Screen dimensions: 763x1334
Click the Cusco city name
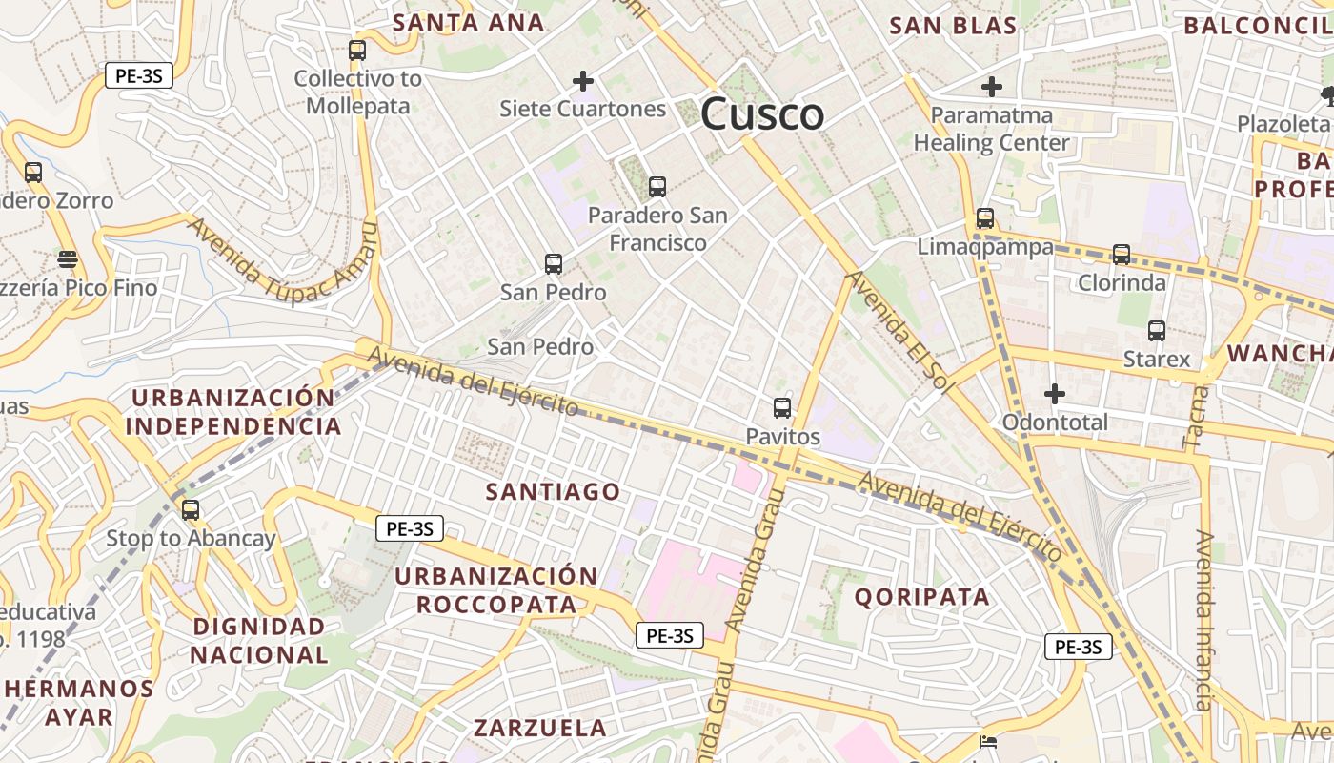(762, 114)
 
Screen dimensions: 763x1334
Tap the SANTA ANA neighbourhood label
(469, 23)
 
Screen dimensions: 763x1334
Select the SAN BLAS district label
(953, 26)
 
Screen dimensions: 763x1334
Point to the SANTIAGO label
(553, 492)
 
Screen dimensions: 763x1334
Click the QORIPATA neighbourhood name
(921, 597)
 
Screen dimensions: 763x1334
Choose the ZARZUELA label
(540, 728)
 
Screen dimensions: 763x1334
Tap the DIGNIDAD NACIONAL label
(259, 641)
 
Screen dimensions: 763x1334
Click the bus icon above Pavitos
(782, 408)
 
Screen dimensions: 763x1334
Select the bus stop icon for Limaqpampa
(985, 218)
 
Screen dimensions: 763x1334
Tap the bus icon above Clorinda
(1122, 255)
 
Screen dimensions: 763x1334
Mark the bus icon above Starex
(1157, 331)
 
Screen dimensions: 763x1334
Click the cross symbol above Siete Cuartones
(583, 81)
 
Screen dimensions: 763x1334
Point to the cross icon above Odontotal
(1055, 394)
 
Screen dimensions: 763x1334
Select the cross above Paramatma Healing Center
(992, 87)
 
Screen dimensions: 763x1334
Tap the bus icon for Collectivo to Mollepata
(357, 51)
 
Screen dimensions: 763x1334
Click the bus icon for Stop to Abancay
(191, 509)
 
